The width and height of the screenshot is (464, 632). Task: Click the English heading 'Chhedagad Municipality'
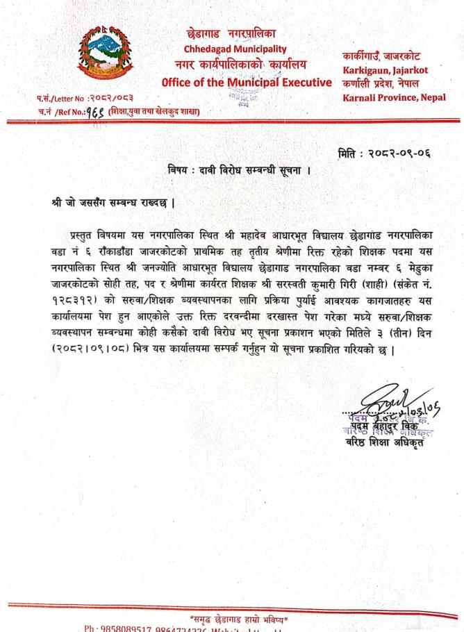pyautogui.click(x=235, y=49)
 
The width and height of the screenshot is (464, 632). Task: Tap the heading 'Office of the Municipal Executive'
pyautogui.click(x=247, y=83)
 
